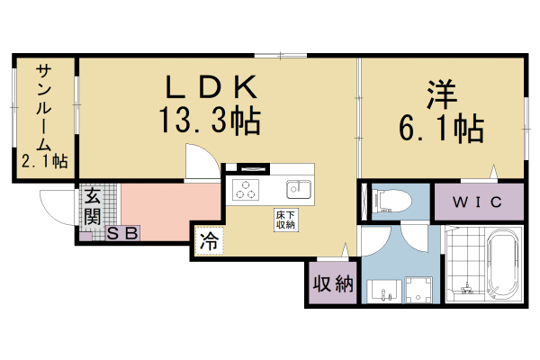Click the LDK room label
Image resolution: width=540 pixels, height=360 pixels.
tap(211, 87)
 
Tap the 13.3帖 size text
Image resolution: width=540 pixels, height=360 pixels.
tap(211, 120)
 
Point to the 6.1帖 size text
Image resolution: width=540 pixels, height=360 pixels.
tap(440, 129)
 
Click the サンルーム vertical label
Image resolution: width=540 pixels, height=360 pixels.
tap(43, 104)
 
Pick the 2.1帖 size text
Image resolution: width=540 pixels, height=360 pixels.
tap(45, 162)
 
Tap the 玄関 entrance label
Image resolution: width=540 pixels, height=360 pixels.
tap(93, 207)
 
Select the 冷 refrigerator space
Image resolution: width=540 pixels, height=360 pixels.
tap(208, 241)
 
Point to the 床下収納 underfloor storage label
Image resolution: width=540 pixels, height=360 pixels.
tap(285, 220)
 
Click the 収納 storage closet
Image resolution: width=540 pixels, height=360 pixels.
tap(332, 285)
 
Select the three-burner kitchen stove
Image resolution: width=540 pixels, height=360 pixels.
tap(246, 190)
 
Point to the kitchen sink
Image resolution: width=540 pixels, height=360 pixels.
tap(298, 189)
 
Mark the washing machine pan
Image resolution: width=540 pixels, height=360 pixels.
tap(418, 289)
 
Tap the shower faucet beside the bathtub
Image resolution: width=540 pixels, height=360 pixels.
tap(466, 289)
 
